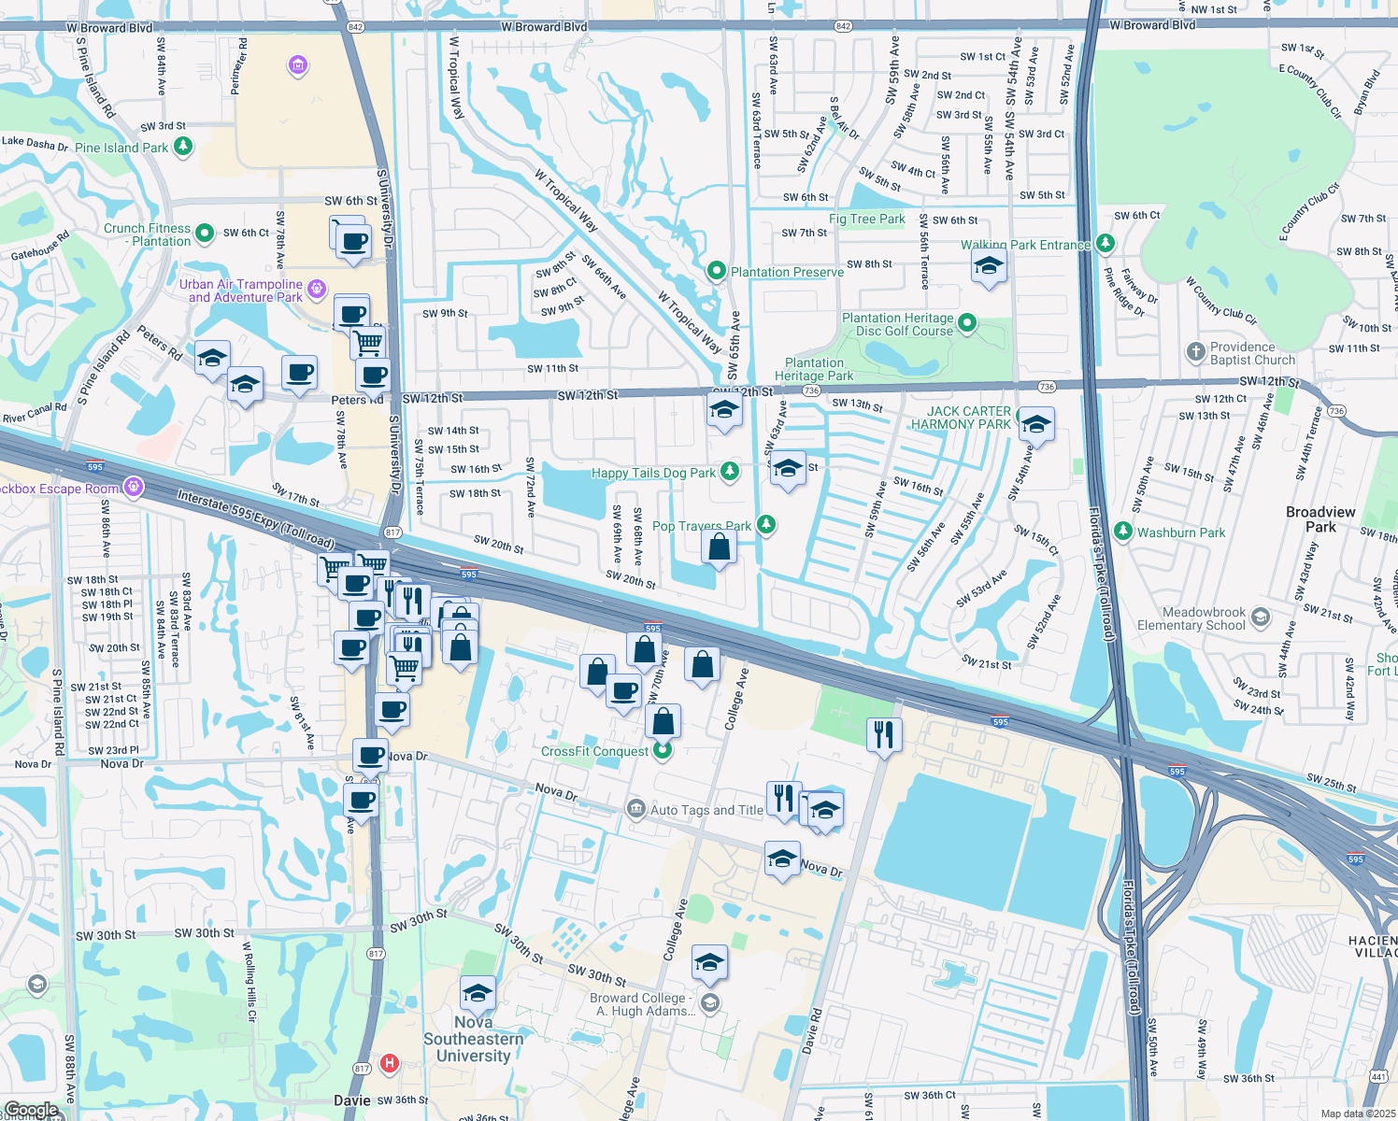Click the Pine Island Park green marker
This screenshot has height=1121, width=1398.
click(x=183, y=147)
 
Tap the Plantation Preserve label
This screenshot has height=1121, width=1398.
click(x=787, y=272)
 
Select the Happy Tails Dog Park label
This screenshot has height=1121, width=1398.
click(x=653, y=473)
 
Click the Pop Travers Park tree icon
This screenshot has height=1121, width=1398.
click(x=766, y=524)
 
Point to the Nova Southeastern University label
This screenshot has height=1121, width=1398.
click(x=474, y=1039)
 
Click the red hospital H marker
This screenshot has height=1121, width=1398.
click(x=390, y=1063)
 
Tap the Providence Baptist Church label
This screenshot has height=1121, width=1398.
click(x=1252, y=353)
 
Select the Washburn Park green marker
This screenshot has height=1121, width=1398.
click(x=1124, y=532)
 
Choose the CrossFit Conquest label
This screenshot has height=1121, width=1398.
click(x=594, y=751)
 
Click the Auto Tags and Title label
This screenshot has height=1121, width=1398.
click(x=706, y=810)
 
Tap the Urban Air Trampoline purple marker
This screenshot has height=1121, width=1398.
click(x=317, y=288)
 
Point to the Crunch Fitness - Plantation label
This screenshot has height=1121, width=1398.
click(x=148, y=234)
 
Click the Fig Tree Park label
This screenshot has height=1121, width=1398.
click(x=866, y=219)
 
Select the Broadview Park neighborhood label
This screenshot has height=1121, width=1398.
click(x=1320, y=519)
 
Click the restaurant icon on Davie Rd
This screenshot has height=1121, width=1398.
click(x=883, y=735)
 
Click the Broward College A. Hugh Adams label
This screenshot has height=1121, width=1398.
click(x=643, y=1004)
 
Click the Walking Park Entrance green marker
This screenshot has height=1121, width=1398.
click(x=1106, y=244)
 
